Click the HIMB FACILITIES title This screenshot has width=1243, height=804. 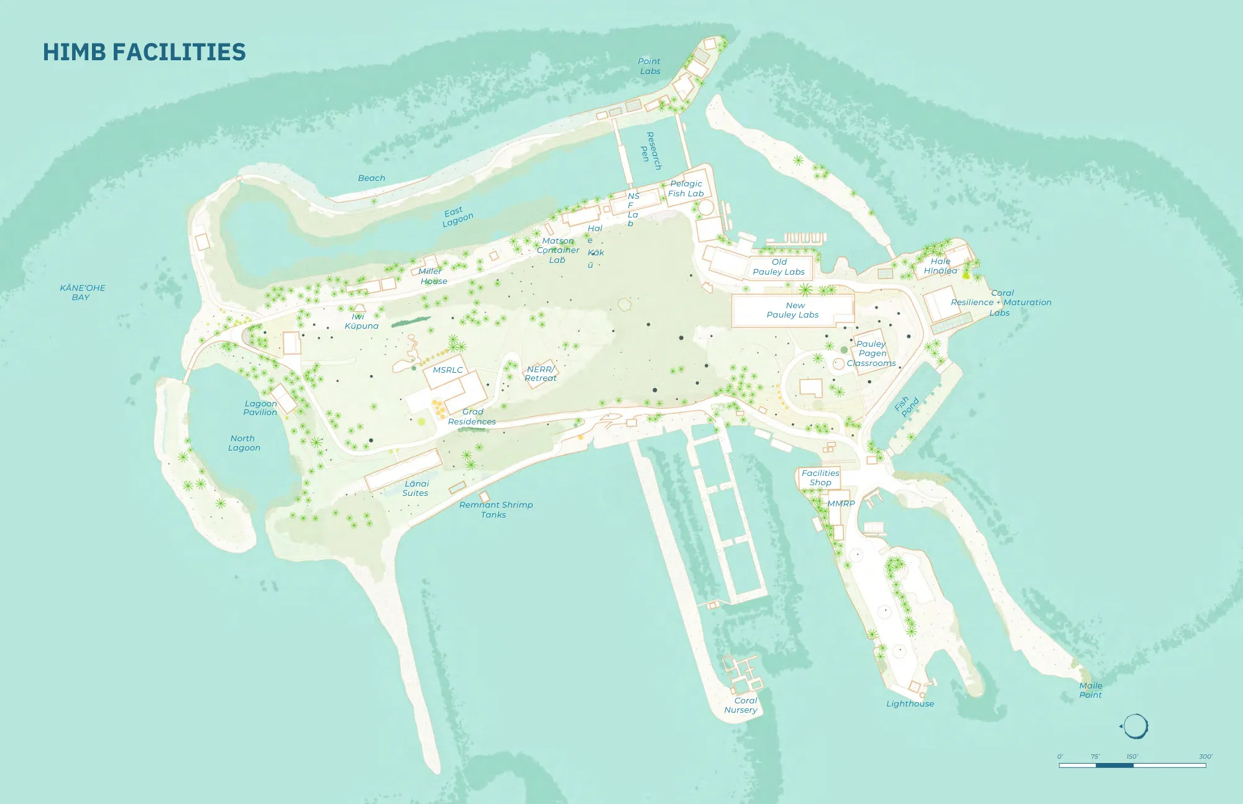coord(144,52)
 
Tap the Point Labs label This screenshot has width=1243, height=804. coord(649,66)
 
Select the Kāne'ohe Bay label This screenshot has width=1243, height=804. coord(82,293)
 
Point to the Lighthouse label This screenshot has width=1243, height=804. coord(910,703)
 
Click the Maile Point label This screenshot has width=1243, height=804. coord(1091,690)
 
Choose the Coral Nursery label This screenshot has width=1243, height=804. coord(741,705)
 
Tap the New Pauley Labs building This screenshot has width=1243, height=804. coord(792,310)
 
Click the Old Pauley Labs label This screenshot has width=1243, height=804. coord(779,267)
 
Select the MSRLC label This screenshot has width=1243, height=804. coord(447,370)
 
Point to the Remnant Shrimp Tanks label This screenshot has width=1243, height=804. coord(495,509)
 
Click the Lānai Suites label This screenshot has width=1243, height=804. coord(416,488)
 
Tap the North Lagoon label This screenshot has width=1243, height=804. coord(244,443)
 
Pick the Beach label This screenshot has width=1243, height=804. coord(372,178)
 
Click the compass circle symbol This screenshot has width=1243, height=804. coord(1135,726)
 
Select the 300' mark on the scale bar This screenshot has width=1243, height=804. coord(1206,757)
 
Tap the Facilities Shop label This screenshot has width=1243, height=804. coord(820,478)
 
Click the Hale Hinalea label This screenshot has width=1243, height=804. coord(940,266)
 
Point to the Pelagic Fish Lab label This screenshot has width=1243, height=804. coord(686,188)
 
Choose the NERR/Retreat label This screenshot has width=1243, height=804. coord(541,373)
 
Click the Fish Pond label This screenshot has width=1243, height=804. coord(906,406)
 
